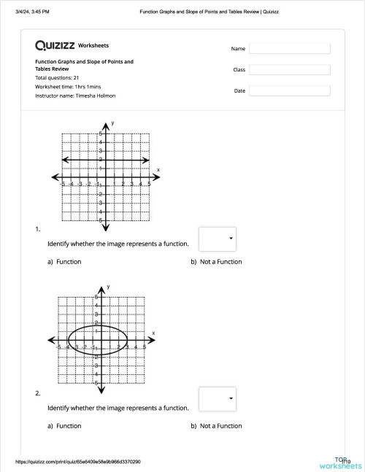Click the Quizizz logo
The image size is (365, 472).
coord(55,45)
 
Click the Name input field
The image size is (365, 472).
coord(289,49)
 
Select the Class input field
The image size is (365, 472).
coord(289,70)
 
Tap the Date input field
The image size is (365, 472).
coord(289,91)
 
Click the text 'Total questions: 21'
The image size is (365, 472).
coord(57,77)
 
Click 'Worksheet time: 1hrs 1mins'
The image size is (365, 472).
coord(67,86)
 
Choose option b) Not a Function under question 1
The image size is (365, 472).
coord(216,262)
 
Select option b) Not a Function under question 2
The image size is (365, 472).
coord(216,426)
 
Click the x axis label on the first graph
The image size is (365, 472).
coord(158,169)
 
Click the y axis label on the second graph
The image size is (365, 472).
coord(108,287)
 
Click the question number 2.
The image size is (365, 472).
coord(37,394)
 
